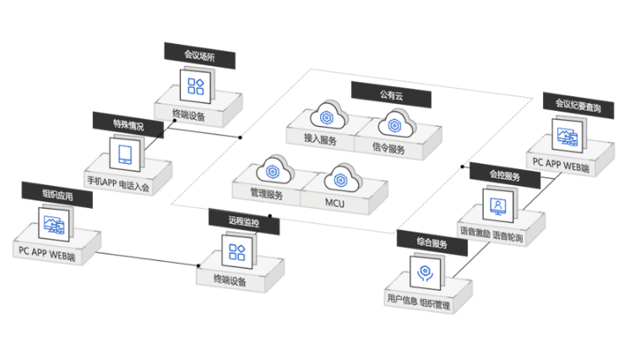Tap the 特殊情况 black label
pos(128,124)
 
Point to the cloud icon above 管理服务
pos(274,169)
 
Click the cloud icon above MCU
pos(341,177)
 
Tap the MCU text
pos(334,202)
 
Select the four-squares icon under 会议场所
pos(196,86)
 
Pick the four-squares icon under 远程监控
pos(234,251)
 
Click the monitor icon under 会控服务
pos(498,205)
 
